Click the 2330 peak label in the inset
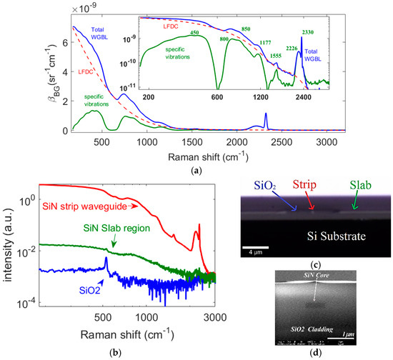(x=310, y=33)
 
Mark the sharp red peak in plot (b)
(x=199, y=226)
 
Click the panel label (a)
(x=196, y=163)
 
